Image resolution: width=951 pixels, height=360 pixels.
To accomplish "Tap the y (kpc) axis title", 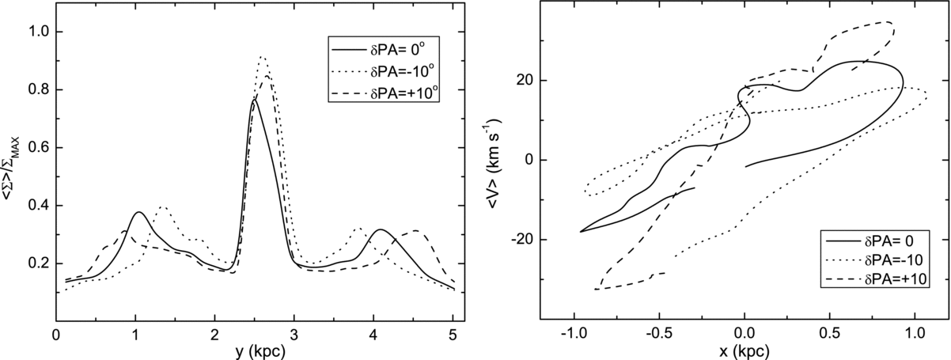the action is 260,352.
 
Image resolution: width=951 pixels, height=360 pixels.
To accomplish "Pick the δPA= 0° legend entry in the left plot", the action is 384,50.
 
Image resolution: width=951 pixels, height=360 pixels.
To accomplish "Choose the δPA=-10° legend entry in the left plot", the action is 384,72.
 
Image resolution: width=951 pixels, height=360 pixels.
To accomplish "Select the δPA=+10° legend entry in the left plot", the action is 384,93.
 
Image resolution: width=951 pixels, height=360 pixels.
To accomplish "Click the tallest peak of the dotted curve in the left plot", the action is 263,57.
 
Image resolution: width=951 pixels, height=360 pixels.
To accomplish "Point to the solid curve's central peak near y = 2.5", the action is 254,100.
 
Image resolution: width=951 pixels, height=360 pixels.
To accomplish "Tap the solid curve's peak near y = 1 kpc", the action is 138,212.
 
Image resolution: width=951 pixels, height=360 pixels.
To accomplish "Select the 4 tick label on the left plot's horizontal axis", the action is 373,335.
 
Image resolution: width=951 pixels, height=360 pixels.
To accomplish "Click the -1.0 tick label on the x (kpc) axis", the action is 574,333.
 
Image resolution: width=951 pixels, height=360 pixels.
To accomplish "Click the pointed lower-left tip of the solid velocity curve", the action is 581,231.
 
